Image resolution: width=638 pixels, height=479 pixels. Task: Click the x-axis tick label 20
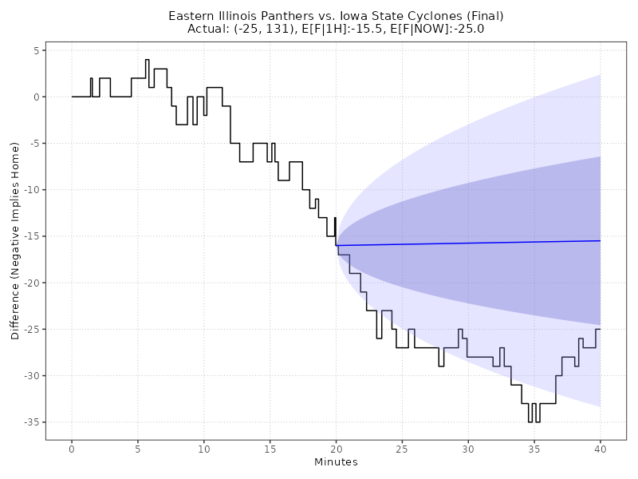[x=336, y=450]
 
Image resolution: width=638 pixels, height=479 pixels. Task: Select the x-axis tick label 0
[x=72, y=450]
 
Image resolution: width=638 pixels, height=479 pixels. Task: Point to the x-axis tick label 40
[x=600, y=450]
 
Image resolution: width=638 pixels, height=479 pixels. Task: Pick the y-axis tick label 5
[x=36, y=50]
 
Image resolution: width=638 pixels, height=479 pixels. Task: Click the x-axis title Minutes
[x=336, y=462]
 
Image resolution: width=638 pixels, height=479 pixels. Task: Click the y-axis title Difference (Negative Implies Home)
[x=15, y=240]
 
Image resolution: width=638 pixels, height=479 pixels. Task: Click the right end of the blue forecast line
[x=600, y=240]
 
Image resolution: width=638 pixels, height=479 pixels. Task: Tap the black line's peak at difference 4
[x=147, y=60]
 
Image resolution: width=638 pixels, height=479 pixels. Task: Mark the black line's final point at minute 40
[x=600, y=329]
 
